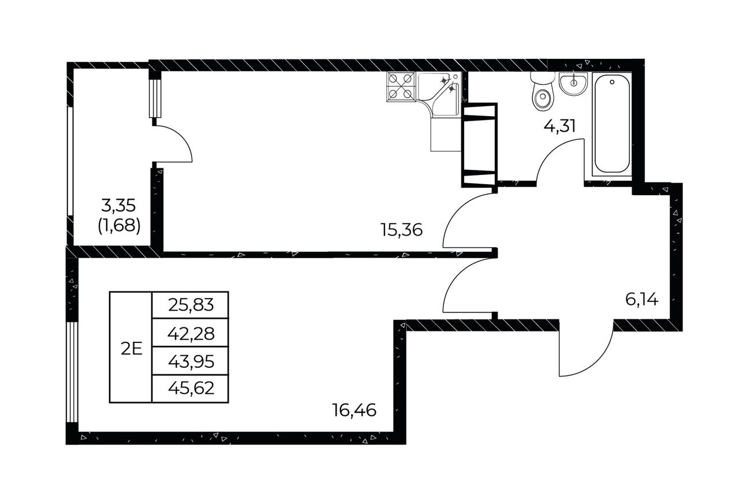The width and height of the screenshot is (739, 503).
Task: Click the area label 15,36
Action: [401, 230]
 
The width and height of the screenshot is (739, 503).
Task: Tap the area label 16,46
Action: [354, 411]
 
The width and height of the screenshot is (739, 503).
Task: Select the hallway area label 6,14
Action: [641, 300]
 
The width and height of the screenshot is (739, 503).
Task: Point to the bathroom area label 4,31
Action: [559, 126]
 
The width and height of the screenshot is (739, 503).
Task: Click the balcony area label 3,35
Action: [118, 206]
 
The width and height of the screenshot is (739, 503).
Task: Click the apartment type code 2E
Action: [131, 349]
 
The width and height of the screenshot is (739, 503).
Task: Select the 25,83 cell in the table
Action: [191, 305]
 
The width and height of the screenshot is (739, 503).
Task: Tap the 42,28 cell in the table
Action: [191, 333]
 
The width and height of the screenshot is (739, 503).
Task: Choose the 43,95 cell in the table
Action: [191, 361]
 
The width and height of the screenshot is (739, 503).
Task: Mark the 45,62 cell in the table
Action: [191, 389]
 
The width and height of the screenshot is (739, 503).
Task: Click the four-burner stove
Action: [400, 86]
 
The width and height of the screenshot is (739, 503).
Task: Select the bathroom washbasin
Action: [573, 83]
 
